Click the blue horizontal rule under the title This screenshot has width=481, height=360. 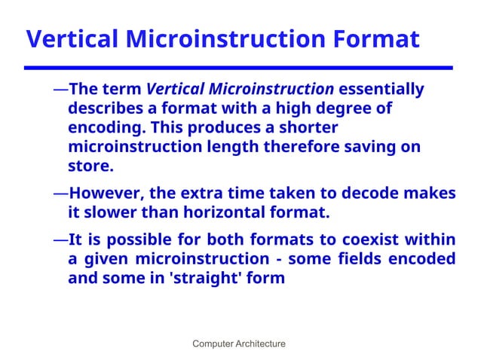click(x=240, y=68)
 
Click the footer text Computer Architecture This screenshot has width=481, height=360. click(x=239, y=344)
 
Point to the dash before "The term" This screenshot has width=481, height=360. click(x=60, y=90)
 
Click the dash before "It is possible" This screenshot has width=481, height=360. click(x=60, y=240)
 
